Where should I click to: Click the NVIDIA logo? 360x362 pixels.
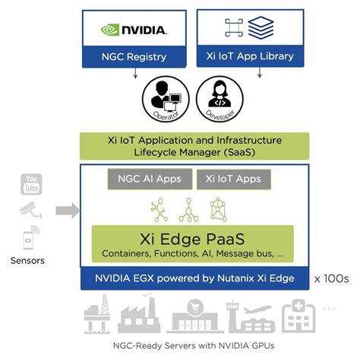click(134, 30)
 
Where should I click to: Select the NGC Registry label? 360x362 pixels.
click(134, 56)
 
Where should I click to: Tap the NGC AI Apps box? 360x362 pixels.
click(148, 180)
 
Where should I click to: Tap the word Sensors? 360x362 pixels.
click(28, 261)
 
